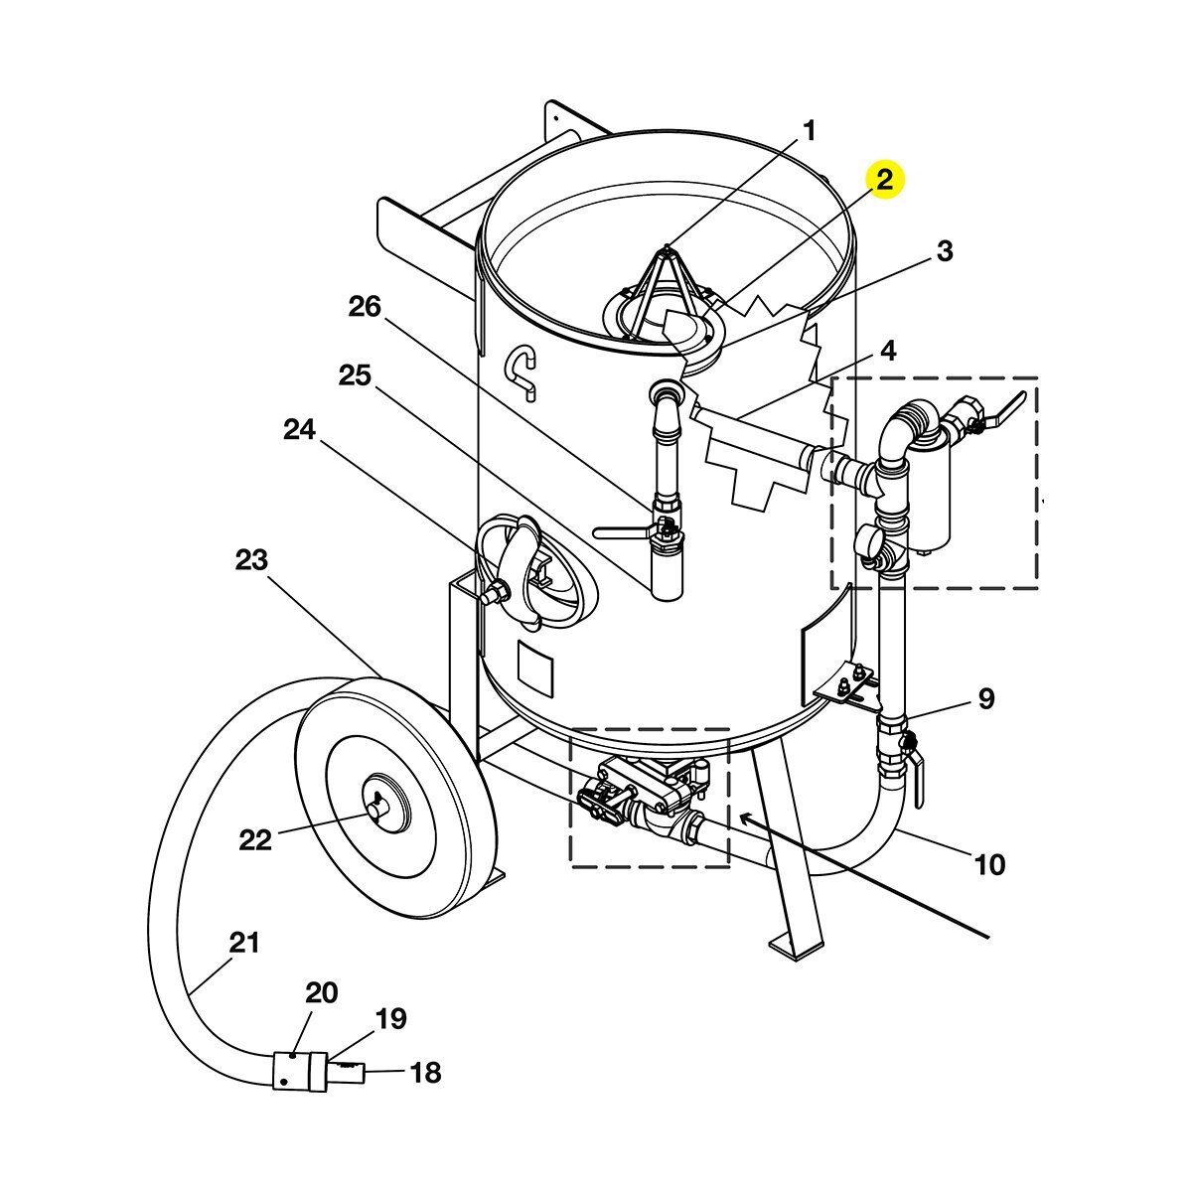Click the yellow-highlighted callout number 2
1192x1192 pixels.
(885, 180)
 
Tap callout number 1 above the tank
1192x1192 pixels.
(810, 131)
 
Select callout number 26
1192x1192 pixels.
(365, 306)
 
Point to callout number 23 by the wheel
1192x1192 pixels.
(251, 560)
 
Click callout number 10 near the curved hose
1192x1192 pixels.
(989, 863)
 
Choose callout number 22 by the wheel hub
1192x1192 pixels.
(255, 840)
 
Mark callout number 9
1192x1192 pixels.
(986, 698)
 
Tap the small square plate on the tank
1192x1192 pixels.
(536, 670)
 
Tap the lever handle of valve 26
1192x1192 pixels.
(625, 531)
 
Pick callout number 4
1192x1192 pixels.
(888, 351)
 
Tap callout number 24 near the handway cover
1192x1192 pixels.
(300, 430)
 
